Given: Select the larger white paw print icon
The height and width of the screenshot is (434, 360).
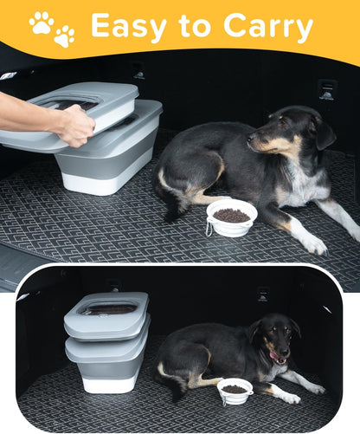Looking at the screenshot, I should pos(41,22).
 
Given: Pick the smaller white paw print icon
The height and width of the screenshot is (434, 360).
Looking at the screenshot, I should pos(64,36).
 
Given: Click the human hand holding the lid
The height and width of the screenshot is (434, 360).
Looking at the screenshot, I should pos(74,125).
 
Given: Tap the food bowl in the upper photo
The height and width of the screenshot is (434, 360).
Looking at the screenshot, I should pos(231,217).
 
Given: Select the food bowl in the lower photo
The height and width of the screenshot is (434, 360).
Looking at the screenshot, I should pos(235,390).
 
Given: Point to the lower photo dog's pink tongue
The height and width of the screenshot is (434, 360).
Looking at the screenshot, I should pos(276,356).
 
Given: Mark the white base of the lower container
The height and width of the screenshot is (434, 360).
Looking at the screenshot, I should pos(109,380).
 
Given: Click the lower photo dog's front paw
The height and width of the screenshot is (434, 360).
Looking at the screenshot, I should pos(291,398).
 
